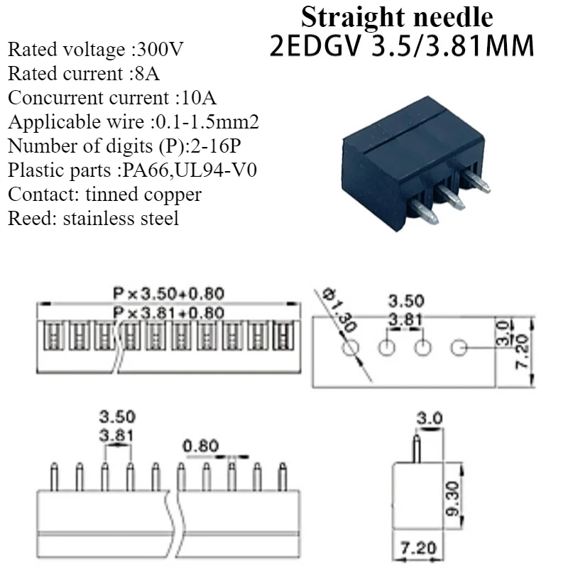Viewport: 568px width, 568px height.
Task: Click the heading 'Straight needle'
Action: click(397, 16)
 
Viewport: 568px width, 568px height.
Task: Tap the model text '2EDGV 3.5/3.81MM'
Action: click(402, 46)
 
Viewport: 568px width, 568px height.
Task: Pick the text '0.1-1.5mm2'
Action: click(206, 122)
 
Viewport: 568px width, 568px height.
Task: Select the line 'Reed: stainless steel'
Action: click(93, 218)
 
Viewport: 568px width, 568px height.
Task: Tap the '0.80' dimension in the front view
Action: click(200, 446)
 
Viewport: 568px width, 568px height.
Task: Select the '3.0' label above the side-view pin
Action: click(429, 419)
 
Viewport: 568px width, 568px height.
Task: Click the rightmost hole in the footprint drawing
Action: click(459, 348)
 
